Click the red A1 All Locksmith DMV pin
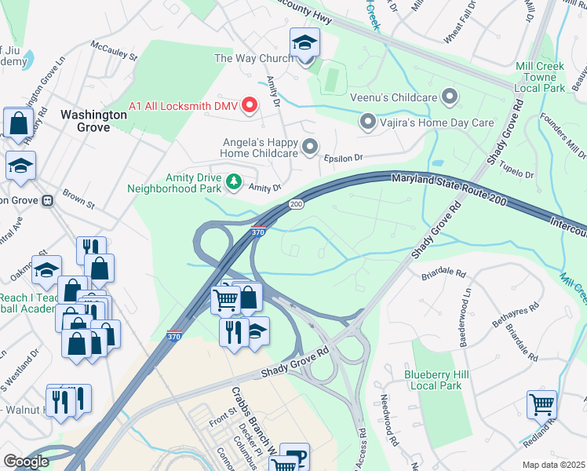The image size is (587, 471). click(250, 104)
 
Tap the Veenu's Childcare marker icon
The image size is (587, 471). click(450, 97)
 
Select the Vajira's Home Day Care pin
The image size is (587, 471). click(367, 122)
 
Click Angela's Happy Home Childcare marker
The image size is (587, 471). click(311, 147)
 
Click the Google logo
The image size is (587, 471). click(26, 462)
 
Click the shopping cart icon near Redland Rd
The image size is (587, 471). click(541, 405)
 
